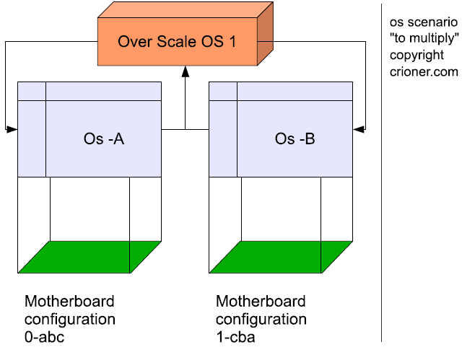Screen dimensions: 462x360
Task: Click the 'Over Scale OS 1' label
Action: (177, 42)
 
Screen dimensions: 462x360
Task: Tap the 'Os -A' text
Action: (104, 139)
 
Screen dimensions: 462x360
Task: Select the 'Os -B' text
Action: (295, 139)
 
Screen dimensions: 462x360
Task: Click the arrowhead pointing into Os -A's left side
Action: (12, 129)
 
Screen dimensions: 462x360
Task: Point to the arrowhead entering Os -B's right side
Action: (359, 129)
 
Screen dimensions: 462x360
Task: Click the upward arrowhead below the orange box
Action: (186, 72)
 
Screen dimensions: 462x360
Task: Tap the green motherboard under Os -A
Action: (90, 258)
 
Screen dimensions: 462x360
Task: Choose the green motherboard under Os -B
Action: (281, 258)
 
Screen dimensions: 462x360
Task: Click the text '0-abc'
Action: (45, 338)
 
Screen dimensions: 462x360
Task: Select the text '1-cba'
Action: (236, 338)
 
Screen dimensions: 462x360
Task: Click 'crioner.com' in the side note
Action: (424, 72)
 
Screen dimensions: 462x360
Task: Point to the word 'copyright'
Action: (417, 56)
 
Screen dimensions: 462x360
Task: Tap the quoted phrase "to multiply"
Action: (424, 38)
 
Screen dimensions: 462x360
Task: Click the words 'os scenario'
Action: (424, 22)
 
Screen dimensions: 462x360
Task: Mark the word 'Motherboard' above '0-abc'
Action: (69, 302)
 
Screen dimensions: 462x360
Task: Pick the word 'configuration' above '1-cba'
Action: (261, 320)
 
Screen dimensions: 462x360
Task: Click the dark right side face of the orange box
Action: (265, 34)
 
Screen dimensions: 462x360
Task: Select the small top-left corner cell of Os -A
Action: (32, 91)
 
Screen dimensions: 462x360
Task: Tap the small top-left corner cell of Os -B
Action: (223, 91)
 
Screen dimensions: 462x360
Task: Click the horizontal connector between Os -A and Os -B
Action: (186, 129)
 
